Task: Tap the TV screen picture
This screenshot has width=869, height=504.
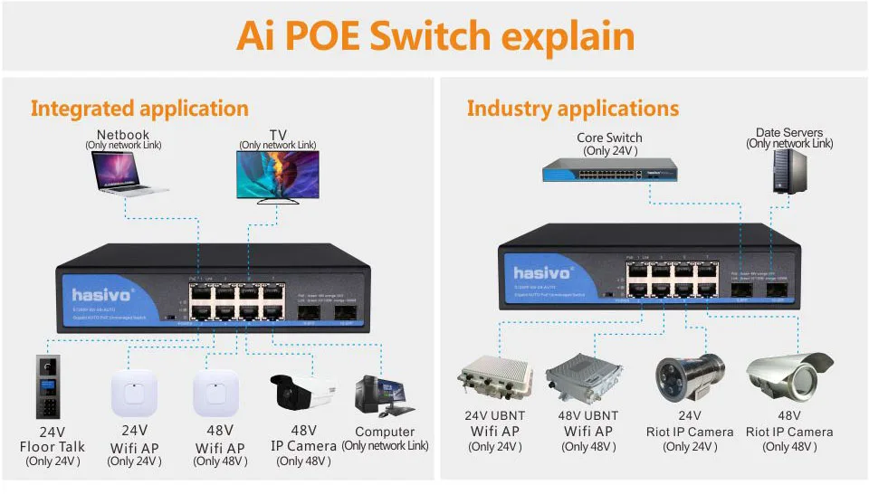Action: point(277,175)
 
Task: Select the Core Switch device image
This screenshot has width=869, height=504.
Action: point(609,169)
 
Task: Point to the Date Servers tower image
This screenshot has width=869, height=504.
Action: point(789,171)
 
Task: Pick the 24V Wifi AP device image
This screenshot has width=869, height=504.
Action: point(134,395)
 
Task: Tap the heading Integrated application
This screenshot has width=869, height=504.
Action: point(139,109)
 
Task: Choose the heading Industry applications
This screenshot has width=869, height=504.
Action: point(572,109)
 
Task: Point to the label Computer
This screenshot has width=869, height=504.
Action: point(385,432)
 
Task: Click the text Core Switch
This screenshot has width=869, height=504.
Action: point(609,138)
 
